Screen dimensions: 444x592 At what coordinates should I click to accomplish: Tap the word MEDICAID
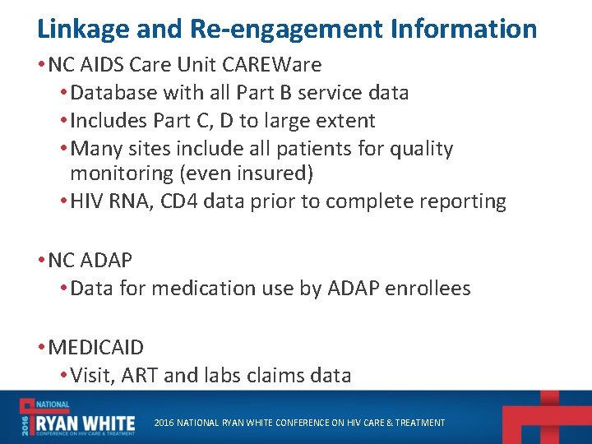tap(95, 348)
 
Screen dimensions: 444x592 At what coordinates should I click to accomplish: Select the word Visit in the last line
tap(92, 376)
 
